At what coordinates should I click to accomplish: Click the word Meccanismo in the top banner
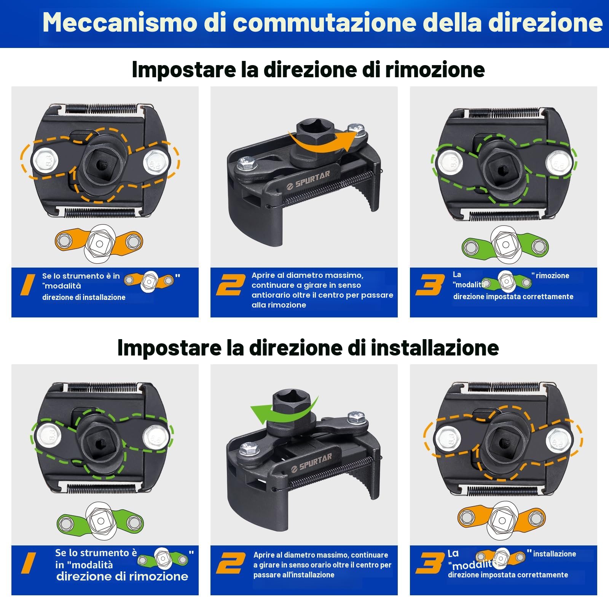coord(119,22)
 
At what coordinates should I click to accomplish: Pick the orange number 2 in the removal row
coord(231,285)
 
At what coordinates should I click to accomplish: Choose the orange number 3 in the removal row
coord(430,285)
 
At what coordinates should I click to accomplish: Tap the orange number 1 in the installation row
coord(29,563)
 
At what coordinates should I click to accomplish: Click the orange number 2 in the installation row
coord(231,563)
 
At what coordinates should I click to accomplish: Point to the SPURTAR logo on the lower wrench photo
coord(311,462)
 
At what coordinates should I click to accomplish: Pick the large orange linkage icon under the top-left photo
coord(99,242)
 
